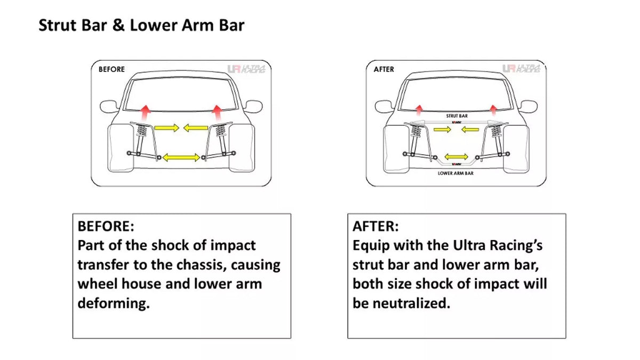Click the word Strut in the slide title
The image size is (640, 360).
pos(58,25)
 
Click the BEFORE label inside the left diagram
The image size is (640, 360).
pos(111,69)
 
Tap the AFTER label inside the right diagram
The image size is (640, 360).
pos(383,69)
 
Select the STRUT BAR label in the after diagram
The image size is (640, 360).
pos(457,116)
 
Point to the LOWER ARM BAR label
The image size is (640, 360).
pos(455,173)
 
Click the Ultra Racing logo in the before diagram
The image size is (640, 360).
pos(246,69)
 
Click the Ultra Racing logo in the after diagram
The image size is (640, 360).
pos(521,69)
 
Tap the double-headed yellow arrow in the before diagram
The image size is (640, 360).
pos(181,157)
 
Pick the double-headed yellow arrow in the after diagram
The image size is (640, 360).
pos(457,157)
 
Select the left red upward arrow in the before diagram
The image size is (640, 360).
pos(146,113)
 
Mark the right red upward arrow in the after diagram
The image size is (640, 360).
pos(493,110)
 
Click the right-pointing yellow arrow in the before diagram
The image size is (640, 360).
pos(167,127)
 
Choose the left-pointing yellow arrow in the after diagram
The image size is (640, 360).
pos(470,130)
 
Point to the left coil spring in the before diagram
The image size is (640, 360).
pos(142,131)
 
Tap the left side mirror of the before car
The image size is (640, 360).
pos(109,107)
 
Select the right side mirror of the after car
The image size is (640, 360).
pos(529,107)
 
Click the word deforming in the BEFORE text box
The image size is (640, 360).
pos(114,303)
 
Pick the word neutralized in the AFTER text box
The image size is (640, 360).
pos(411,303)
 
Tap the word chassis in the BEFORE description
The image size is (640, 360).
pos(203,265)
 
